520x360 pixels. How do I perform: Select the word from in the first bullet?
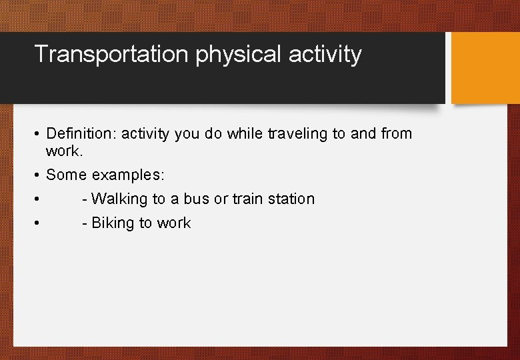click(397, 133)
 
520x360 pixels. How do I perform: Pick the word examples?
click(128, 175)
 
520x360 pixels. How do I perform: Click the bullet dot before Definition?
click(38, 134)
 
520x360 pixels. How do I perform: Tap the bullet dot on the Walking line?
click(38, 199)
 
